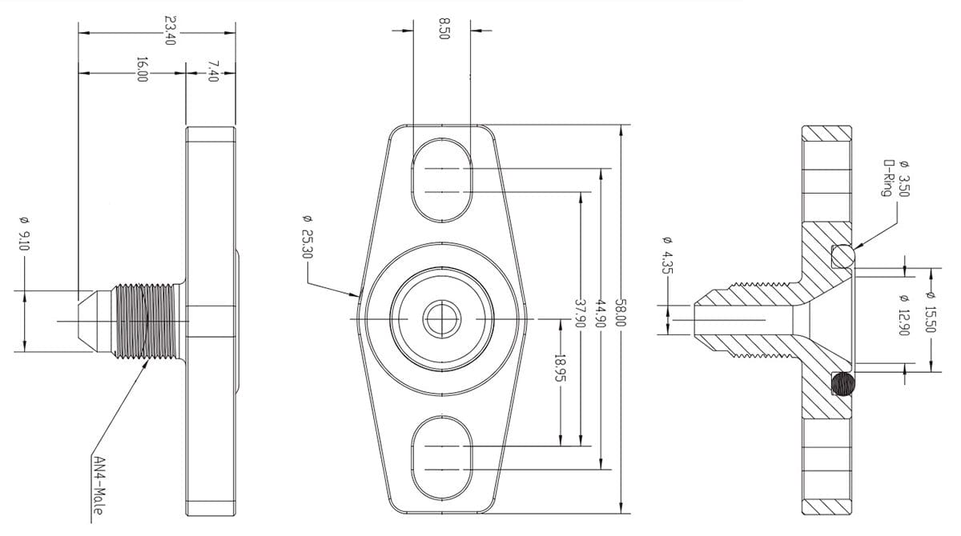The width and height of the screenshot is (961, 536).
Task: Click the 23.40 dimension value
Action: [x=169, y=30]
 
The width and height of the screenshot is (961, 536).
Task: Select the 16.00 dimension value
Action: [x=142, y=70]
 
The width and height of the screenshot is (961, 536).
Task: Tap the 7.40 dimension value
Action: [x=212, y=70]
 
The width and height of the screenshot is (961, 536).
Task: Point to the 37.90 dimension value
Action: [x=581, y=313]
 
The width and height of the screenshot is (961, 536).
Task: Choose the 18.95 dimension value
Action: [x=559, y=369]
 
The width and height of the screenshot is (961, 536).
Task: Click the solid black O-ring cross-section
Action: [x=843, y=385]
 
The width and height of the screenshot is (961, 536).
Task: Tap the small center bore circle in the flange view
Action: [x=440, y=320]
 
